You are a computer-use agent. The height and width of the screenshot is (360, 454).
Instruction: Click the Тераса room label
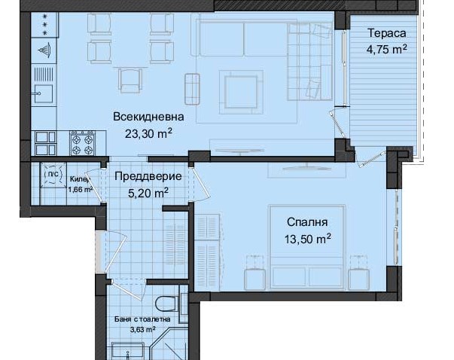click(387, 34)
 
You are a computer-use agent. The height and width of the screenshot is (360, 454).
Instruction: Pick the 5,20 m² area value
click(148, 193)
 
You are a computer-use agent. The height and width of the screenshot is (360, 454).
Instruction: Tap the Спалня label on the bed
click(306, 223)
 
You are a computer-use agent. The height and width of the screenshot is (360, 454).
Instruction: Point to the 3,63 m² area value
click(141, 329)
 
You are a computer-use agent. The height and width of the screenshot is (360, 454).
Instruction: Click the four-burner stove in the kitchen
click(81, 142)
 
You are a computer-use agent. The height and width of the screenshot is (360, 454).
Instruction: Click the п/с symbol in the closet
click(53, 174)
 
